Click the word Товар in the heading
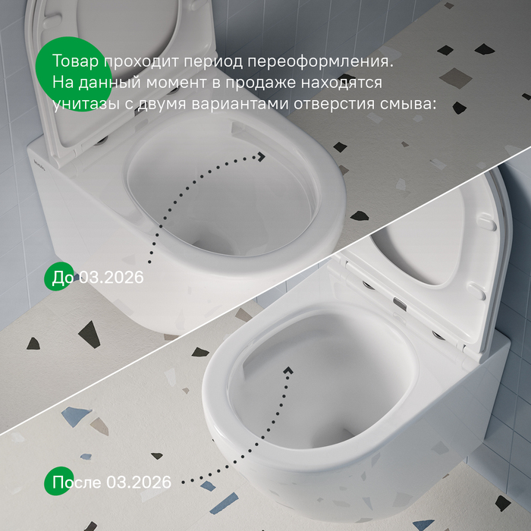(76, 61)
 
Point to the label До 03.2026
(98, 278)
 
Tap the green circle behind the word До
(59, 276)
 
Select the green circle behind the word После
(59, 481)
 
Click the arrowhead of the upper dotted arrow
(261, 156)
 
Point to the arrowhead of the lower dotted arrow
(288, 370)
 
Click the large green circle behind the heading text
(74, 74)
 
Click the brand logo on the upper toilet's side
(42, 160)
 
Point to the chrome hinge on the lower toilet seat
(400, 303)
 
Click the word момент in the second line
(176, 83)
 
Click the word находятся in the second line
(341, 83)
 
